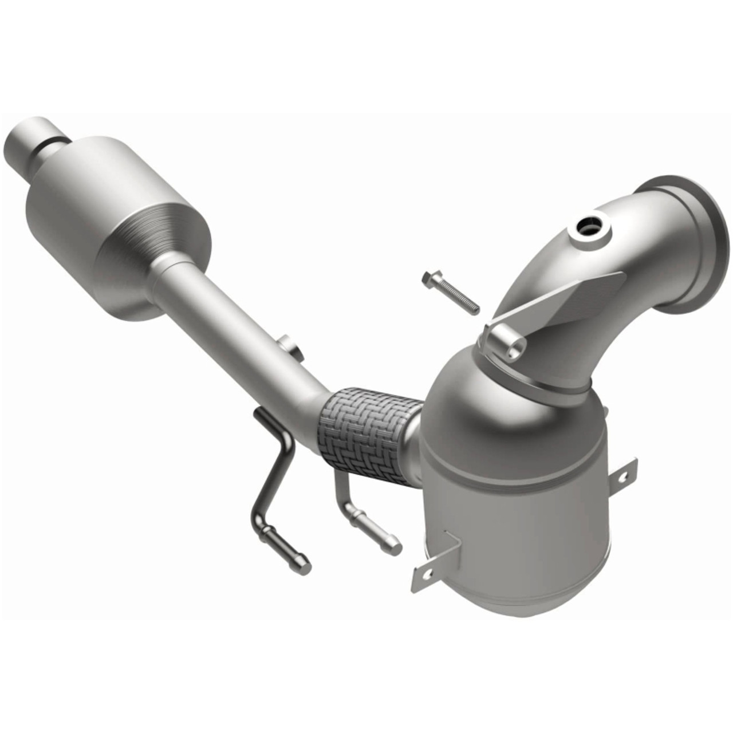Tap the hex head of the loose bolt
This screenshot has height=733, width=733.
click(428, 280)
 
